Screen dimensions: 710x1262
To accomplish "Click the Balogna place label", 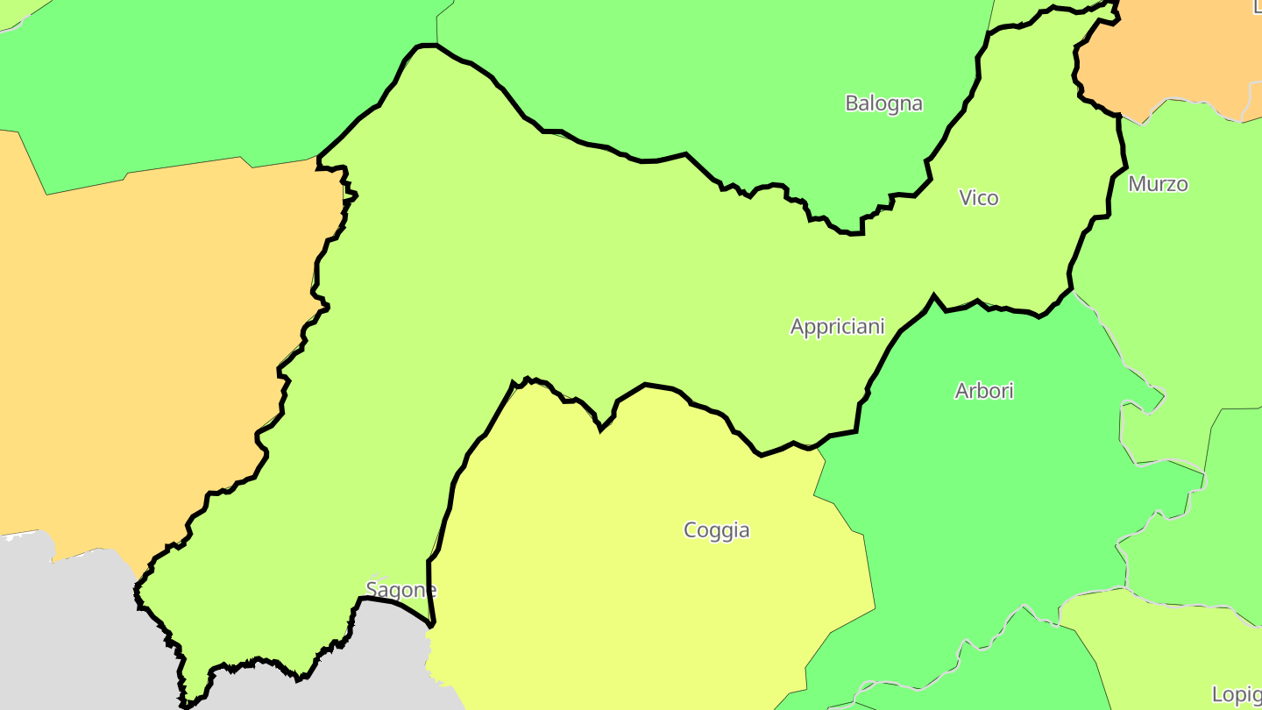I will pos(883,103).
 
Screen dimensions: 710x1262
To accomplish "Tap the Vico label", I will pos(978,198).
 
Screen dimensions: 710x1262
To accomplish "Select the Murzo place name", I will pos(1158,184).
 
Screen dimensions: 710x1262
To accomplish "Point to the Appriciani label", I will pos(837,327).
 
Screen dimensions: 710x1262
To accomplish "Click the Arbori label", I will pos(983,391).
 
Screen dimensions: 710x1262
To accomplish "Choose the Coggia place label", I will pos(716,530).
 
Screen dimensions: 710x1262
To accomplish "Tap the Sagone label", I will pos(401,590).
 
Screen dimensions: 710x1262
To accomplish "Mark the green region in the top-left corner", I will pos(175,88).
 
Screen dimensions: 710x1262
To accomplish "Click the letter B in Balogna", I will pos(851,103).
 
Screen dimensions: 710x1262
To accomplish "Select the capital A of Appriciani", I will pos(798,327).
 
